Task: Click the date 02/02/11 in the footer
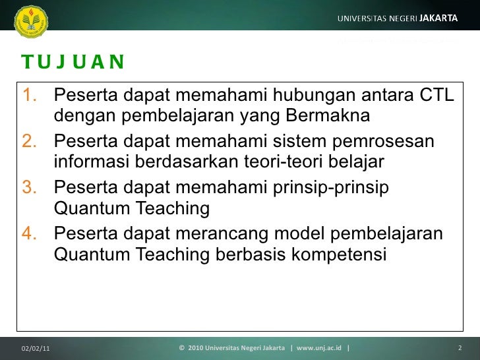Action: pos(35,347)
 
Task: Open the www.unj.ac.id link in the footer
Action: pos(319,347)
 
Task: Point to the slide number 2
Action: pos(459,347)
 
